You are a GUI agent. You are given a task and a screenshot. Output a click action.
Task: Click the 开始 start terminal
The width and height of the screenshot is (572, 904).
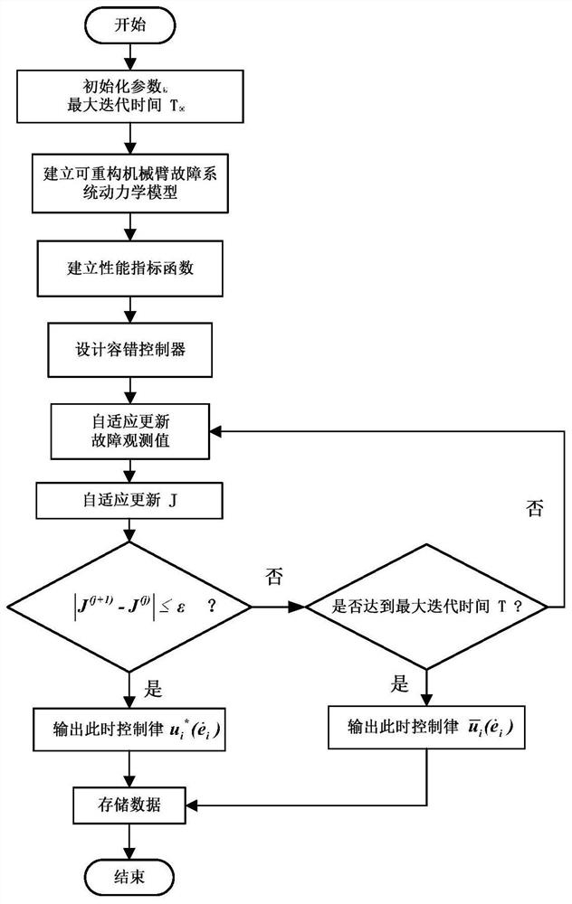point(130,26)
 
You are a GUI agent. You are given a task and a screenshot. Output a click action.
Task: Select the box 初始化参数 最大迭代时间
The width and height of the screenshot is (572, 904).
point(130,95)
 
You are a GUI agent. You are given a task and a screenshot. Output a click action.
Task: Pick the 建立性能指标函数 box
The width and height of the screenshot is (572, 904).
point(130,268)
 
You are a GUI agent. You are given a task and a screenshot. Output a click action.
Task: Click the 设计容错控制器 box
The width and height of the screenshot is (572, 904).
point(130,349)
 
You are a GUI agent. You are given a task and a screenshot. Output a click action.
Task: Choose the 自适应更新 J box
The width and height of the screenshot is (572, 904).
point(130,497)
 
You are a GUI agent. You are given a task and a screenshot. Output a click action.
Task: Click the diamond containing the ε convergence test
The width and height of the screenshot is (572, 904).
point(130,607)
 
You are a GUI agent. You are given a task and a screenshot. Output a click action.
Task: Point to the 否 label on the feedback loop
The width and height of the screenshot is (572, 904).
point(535,508)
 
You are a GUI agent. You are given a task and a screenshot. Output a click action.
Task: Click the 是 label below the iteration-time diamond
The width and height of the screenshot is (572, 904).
point(399,685)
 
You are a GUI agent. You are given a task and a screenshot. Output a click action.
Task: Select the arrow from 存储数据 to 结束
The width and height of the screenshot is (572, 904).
point(130,836)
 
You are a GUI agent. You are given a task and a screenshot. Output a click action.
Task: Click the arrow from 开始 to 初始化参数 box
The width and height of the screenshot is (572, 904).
point(130,57)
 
